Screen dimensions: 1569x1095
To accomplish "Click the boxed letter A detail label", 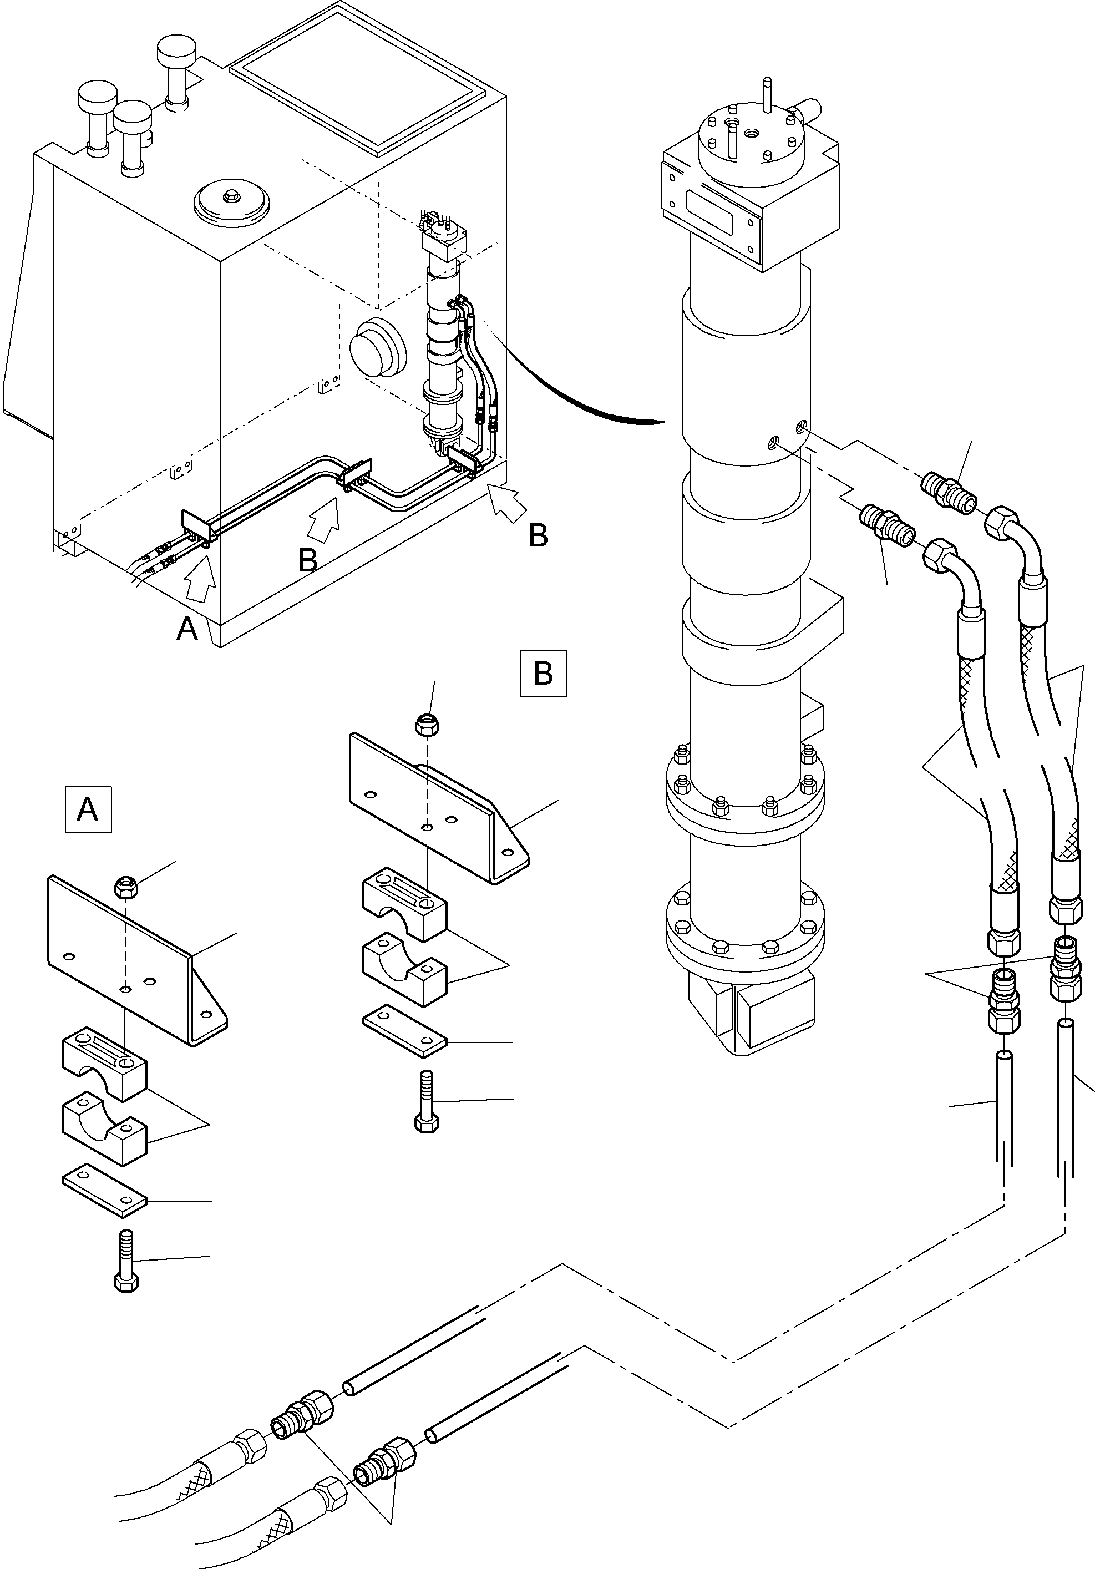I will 88,810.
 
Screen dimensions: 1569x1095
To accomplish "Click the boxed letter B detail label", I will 544,673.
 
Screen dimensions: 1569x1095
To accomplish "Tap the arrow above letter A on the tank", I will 201,579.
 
